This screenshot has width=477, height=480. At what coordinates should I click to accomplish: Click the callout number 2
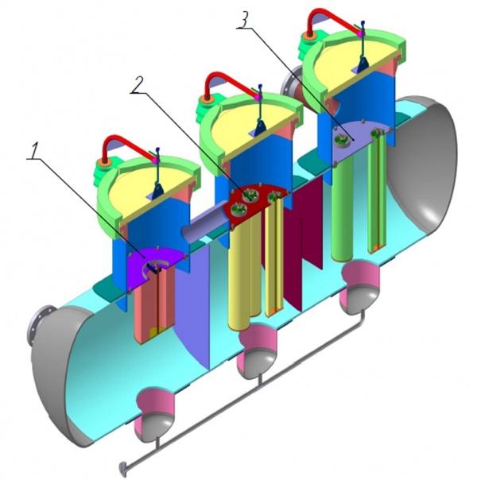[x=137, y=84]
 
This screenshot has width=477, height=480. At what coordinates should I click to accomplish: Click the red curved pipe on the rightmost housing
[x=331, y=19]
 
